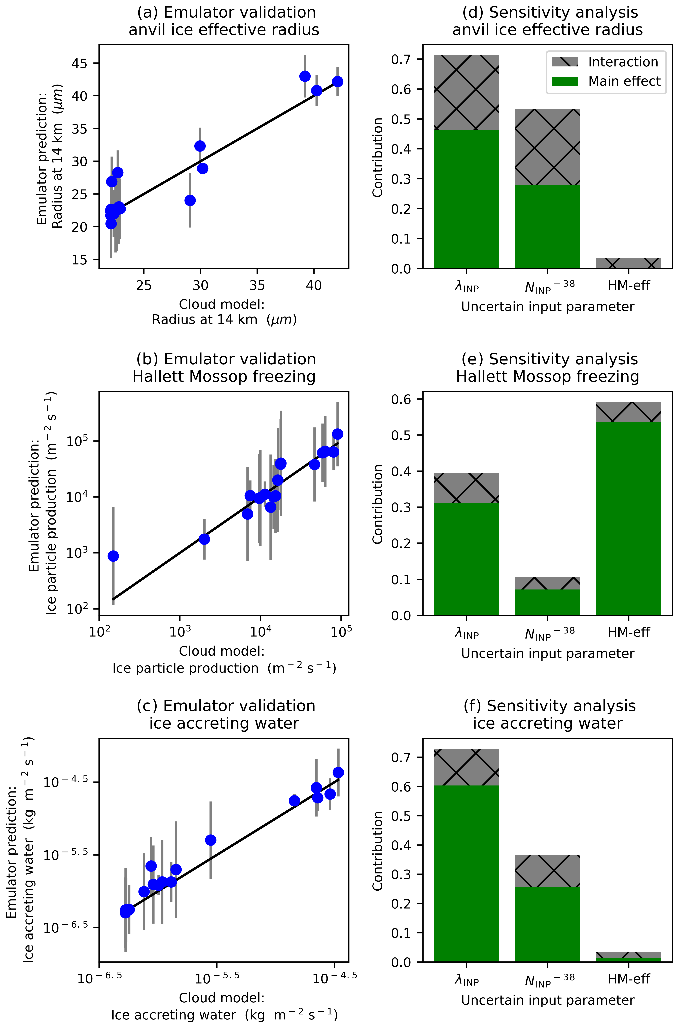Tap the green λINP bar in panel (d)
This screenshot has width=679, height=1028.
(466, 199)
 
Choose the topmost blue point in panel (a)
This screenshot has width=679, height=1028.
(305, 76)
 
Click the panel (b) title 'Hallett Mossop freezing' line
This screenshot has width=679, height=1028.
(224, 377)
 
